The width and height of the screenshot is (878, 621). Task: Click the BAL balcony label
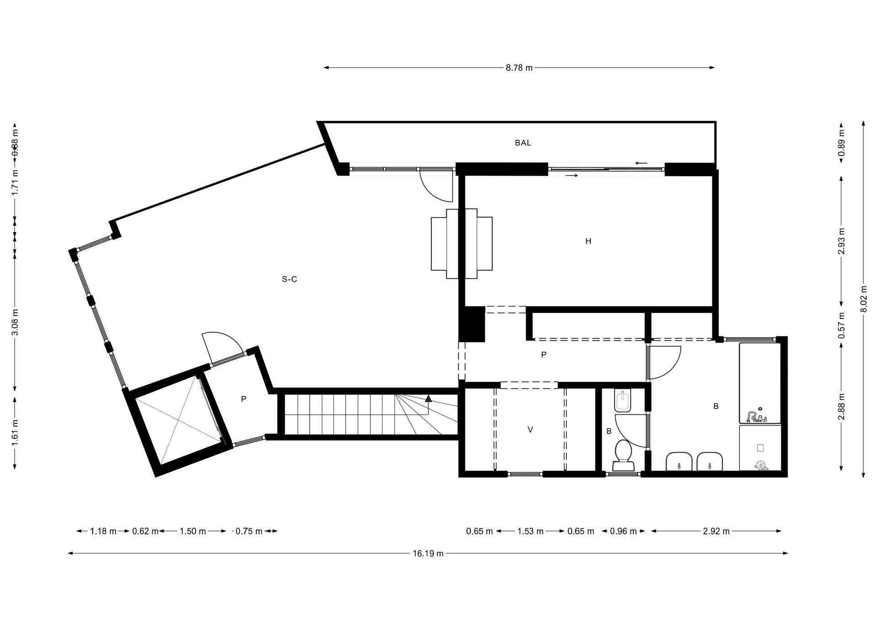(523, 143)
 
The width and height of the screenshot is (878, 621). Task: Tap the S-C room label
(289, 279)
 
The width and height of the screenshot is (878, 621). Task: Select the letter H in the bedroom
(588, 241)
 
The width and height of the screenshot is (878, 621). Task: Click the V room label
(530, 429)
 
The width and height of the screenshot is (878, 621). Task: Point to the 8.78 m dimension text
(519, 68)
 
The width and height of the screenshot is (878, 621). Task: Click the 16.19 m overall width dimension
(428, 553)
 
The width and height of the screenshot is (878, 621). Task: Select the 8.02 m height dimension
(863, 299)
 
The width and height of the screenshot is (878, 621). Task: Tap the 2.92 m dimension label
(716, 531)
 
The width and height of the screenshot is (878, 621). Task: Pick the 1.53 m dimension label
(530, 531)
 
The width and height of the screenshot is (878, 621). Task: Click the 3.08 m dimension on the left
(15, 322)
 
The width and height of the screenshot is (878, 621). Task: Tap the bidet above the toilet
(623, 401)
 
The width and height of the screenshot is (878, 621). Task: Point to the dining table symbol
(462, 243)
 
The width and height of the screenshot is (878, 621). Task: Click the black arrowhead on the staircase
(428, 398)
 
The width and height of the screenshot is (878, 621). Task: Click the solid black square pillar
(471, 324)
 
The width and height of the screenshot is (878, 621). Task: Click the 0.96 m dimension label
(623, 531)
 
